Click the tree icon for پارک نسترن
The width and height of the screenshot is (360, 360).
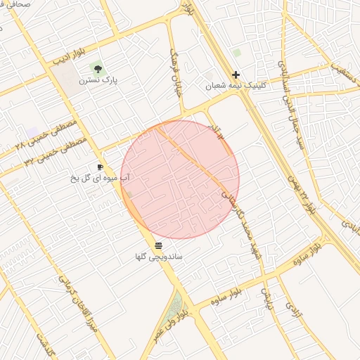[x=98, y=69]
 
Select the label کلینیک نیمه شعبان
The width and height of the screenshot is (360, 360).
[x=229, y=86]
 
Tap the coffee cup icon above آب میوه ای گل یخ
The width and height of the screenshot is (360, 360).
[x=100, y=167]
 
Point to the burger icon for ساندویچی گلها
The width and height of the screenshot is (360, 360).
[x=158, y=245]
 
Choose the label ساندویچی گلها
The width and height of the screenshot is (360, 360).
[x=159, y=257]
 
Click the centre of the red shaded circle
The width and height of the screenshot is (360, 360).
[x=180, y=179]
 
